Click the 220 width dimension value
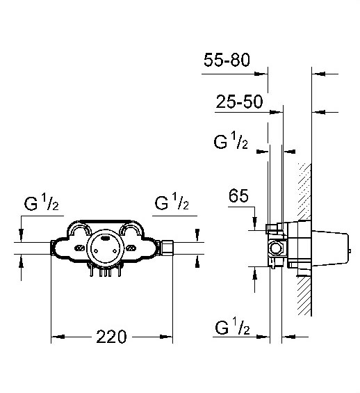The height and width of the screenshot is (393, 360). (111, 337)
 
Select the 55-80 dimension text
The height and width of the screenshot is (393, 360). (227, 60)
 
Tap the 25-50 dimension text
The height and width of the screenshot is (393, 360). (239, 102)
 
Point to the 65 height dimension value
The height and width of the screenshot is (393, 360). (238, 195)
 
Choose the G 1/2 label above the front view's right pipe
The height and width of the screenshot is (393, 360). (172, 202)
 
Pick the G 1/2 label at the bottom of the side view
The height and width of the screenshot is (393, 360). (232, 326)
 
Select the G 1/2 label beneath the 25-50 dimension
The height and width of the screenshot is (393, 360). (231, 141)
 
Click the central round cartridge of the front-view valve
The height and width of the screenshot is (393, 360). (105, 248)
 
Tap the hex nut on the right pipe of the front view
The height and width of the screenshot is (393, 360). (167, 248)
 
